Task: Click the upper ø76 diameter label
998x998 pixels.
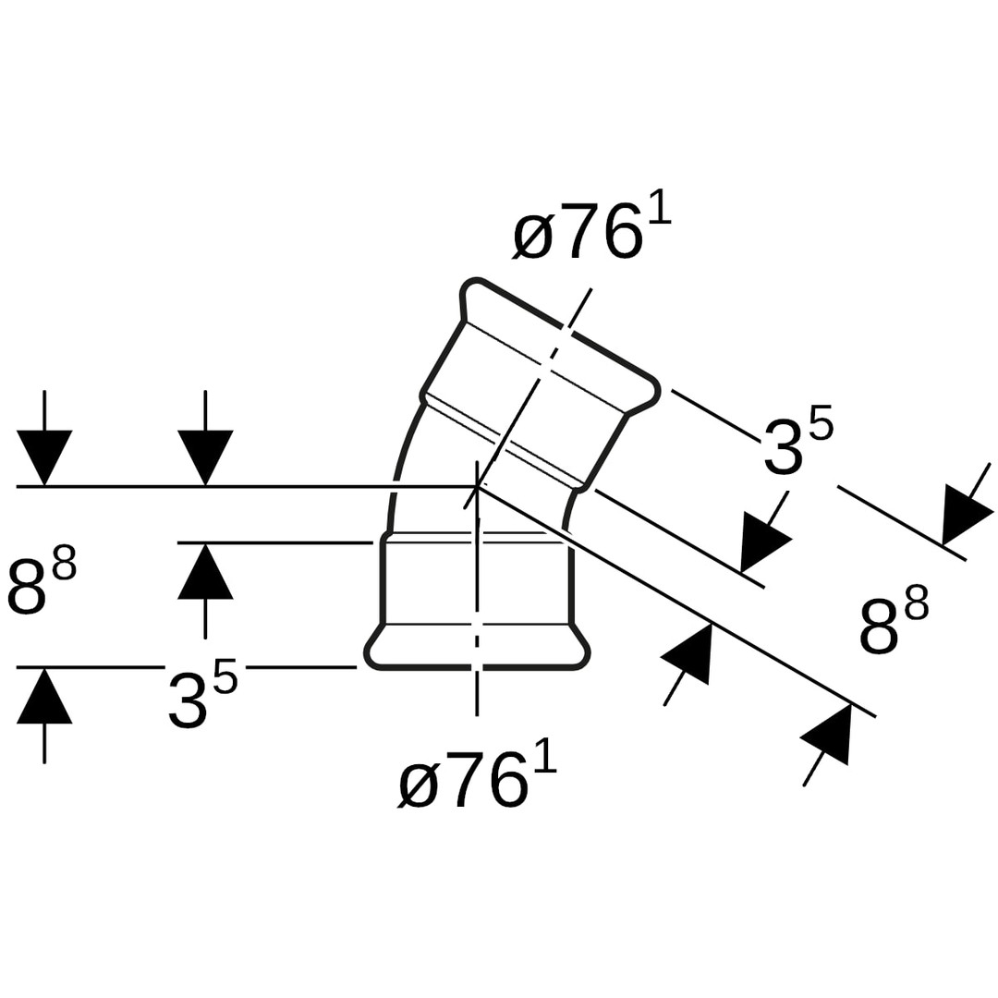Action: (x=591, y=228)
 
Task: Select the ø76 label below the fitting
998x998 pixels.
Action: (x=477, y=778)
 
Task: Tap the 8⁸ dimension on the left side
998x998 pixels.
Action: (x=42, y=581)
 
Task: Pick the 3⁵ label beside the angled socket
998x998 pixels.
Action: (x=797, y=444)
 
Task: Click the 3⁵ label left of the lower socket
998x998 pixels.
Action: (x=202, y=698)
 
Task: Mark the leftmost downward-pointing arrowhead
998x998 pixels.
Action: (x=44, y=456)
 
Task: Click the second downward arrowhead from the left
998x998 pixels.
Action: (x=205, y=456)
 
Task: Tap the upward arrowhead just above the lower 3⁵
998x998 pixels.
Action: (x=205, y=572)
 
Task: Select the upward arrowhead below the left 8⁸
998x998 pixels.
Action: (x=44, y=696)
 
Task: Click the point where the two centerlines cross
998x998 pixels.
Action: (x=477, y=486)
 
